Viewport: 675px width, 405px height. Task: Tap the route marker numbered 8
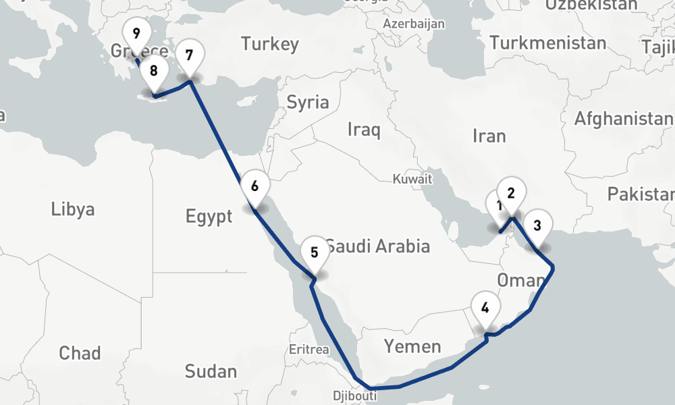[154, 70]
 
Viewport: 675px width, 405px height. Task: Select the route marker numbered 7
[188, 55]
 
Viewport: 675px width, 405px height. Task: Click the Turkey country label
[270, 45]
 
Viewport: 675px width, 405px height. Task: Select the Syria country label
[308, 103]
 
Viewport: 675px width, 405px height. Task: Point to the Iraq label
[364, 129]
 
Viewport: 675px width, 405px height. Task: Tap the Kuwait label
[412, 180]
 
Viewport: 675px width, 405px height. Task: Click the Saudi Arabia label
[378, 246]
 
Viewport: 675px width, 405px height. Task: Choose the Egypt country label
[209, 217]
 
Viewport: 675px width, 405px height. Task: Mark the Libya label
[73, 209]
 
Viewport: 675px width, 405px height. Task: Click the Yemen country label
[412, 347]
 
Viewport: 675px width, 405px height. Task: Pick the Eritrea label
[308, 350]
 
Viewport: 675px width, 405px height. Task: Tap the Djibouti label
[354, 396]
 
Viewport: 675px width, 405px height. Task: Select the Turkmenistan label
[548, 43]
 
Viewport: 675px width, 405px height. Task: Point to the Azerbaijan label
[414, 24]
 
